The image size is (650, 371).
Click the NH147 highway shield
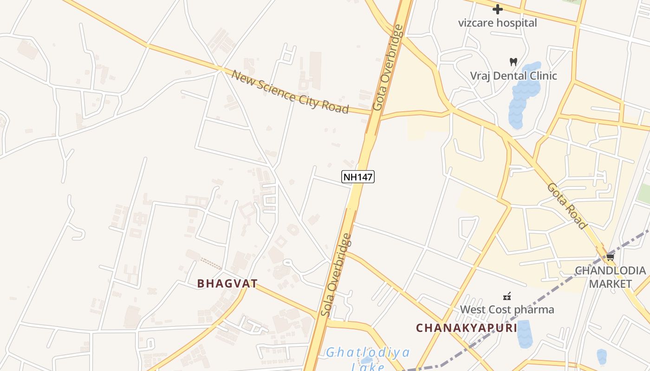click(358, 176)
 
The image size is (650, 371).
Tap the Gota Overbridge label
click(388, 68)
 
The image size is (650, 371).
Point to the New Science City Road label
click(290, 91)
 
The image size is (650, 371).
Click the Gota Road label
click(566, 205)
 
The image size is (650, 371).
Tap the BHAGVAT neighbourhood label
click(227, 283)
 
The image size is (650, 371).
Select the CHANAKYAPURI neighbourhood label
click(466, 328)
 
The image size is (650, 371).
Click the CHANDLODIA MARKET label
click(610, 277)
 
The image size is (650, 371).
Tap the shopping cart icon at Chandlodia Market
click(610, 257)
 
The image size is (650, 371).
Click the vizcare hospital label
click(497, 23)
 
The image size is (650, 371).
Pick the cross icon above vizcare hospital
click(497, 9)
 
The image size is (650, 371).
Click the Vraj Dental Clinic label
click(513, 76)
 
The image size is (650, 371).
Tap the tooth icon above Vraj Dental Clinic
click(513, 61)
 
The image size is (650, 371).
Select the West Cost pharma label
click(507, 309)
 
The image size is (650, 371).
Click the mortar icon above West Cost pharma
click(507, 296)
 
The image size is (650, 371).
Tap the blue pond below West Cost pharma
click(524, 333)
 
